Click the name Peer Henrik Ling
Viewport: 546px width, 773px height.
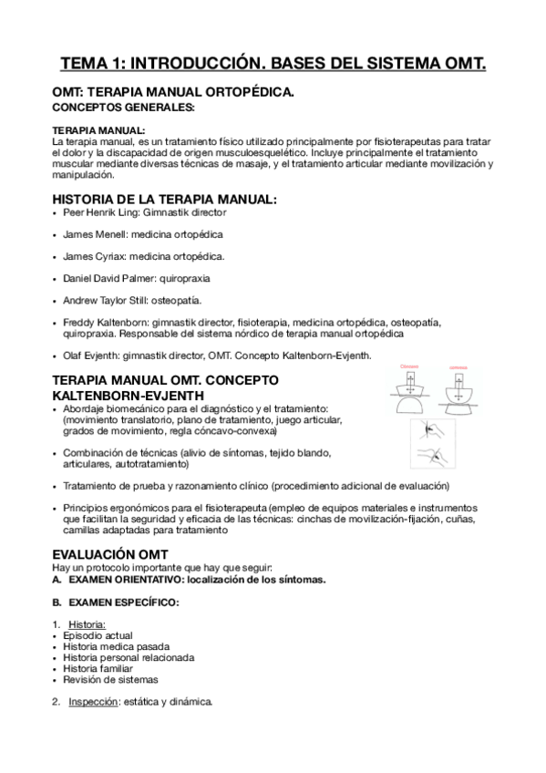[101, 212]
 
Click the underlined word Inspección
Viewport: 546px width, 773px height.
[95, 702]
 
